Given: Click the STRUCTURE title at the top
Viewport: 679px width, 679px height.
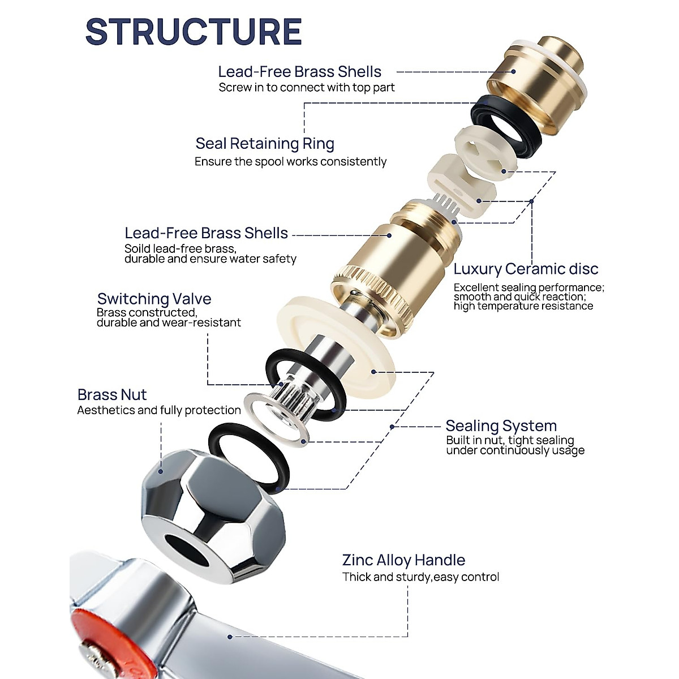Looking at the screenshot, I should [194, 32].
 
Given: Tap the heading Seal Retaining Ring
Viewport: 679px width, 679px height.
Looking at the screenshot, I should [265, 144].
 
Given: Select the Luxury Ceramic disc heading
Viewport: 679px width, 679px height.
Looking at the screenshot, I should [526, 269].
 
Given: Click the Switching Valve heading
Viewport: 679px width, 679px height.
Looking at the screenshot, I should [154, 299].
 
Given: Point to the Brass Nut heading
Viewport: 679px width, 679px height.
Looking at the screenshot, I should [112, 394].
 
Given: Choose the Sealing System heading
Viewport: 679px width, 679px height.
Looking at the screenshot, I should [501, 426].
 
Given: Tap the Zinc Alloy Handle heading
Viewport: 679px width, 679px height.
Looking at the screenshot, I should [403, 560].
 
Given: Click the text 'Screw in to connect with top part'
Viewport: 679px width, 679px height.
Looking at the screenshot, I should [306, 88].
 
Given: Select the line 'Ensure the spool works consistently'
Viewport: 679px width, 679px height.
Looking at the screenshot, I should [290, 162].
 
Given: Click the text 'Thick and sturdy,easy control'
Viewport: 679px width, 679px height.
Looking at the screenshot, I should [420, 577].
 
